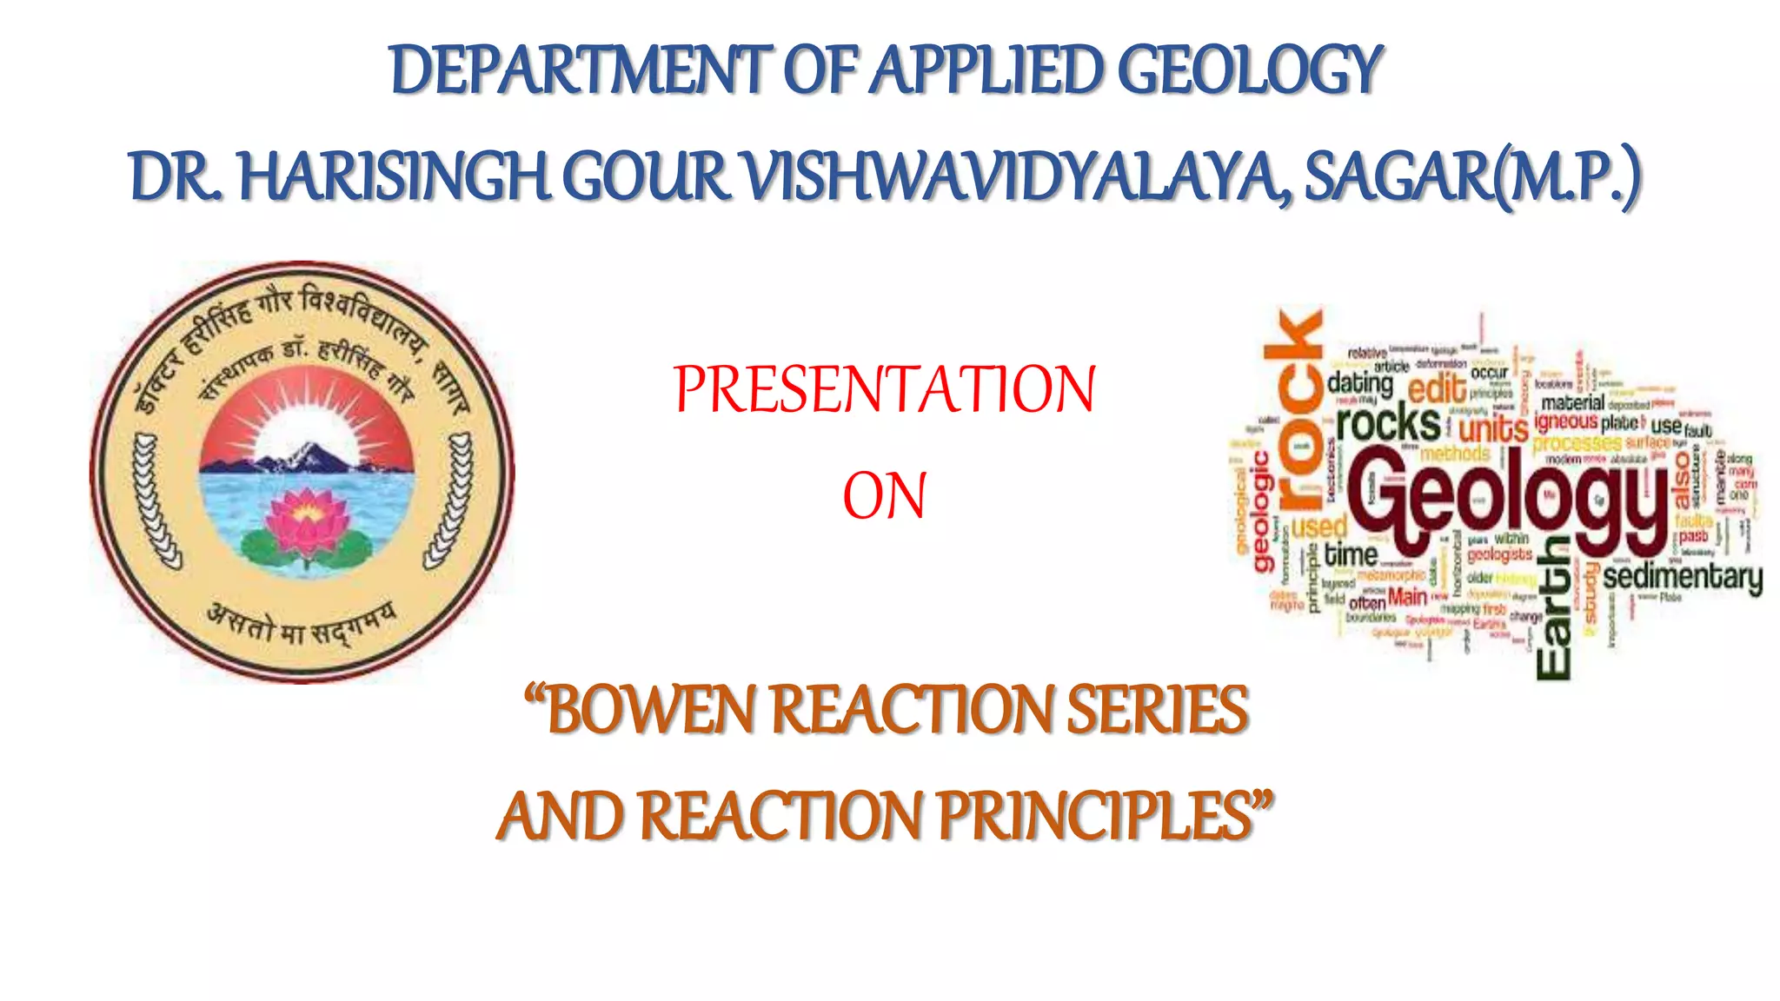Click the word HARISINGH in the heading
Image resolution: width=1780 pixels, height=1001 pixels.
[394, 176]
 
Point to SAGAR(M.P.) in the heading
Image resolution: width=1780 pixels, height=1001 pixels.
[1472, 176]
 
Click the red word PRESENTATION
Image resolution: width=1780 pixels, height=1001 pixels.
[884, 389]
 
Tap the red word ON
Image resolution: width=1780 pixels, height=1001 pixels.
[884, 496]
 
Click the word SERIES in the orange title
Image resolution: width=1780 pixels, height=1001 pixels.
[1157, 711]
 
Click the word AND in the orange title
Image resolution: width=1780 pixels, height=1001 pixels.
[561, 817]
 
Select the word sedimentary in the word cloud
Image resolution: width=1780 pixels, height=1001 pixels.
[1683, 578]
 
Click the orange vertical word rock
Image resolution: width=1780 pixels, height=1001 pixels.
[1295, 408]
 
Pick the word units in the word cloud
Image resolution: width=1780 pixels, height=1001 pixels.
[1493, 428]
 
